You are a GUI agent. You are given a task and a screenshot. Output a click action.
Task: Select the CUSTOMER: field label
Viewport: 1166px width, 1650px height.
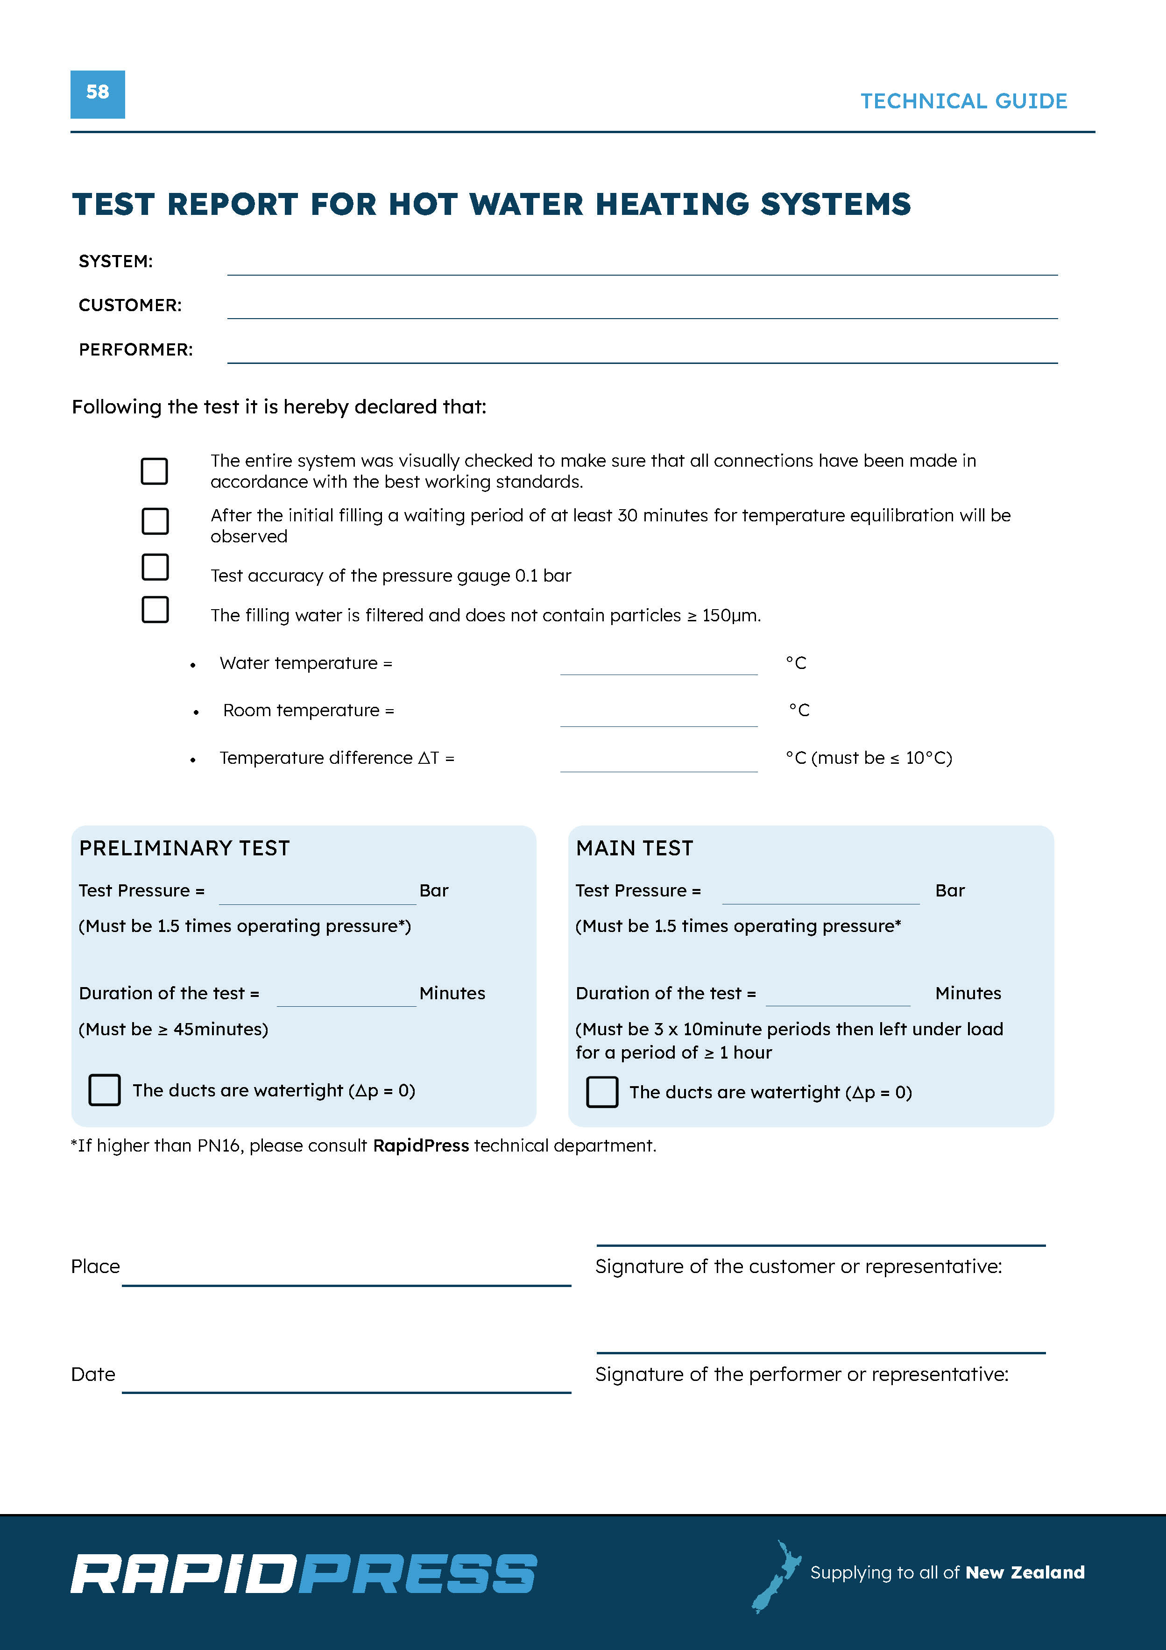coord(130,306)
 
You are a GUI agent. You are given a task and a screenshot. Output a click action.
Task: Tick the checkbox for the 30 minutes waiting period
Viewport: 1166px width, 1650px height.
coord(155,521)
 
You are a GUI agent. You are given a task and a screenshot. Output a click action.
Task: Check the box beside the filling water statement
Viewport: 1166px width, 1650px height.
coord(155,610)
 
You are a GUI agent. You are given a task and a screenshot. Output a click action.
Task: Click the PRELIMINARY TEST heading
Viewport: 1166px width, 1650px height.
coord(184,849)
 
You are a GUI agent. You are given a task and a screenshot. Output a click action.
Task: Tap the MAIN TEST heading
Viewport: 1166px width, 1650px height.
coord(635,849)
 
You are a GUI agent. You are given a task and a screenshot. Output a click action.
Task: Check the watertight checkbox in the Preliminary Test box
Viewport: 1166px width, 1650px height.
coord(104,1090)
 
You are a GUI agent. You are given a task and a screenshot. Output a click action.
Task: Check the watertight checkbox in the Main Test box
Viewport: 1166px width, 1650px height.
coord(602,1092)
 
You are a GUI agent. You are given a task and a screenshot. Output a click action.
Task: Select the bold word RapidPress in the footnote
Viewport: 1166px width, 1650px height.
coord(420,1145)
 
